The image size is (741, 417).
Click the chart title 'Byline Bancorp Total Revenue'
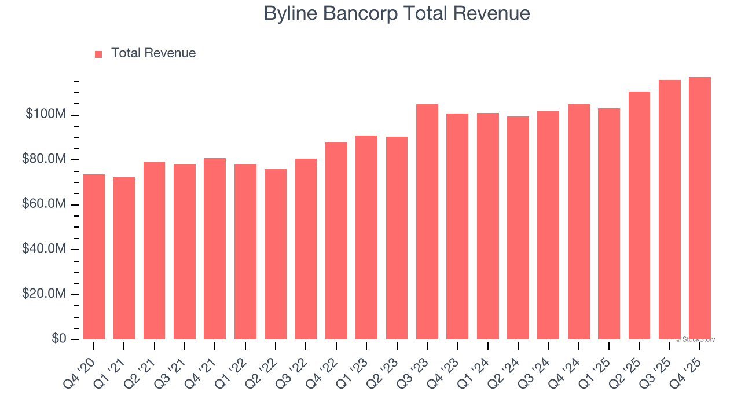tap(397, 13)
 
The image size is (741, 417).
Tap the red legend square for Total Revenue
tap(98, 54)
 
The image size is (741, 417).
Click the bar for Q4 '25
tap(699, 208)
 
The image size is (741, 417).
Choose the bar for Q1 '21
tap(124, 258)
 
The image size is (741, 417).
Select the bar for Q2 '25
tap(639, 215)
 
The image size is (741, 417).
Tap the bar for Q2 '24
tap(518, 228)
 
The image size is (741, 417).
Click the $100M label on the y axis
tap(46, 115)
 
